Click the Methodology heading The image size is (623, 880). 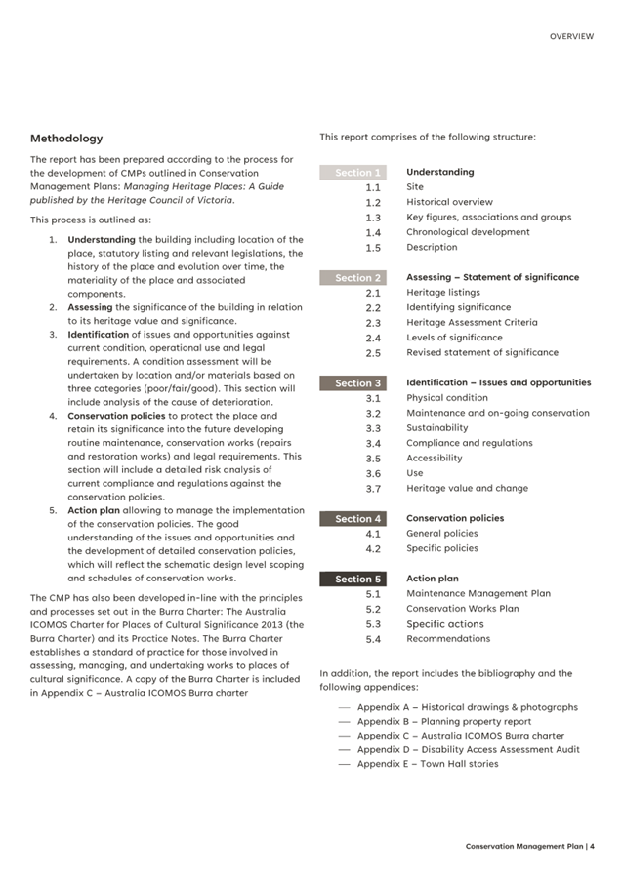click(x=65, y=139)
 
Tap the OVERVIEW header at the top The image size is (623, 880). click(x=570, y=36)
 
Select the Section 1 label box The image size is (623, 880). click(x=353, y=173)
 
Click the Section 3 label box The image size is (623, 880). click(x=353, y=383)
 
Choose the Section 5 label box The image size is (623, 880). click(x=353, y=579)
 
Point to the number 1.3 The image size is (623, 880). click(x=373, y=218)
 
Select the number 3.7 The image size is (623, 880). click(x=373, y=489)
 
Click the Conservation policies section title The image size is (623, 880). click(x=455, y=519)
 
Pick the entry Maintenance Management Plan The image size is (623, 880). click(x=478, y=593)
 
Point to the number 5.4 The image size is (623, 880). click(x=373, y=639)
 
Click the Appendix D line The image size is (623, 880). click(x=468, y=750)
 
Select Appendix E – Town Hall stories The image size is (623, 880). click(x=427, y=764)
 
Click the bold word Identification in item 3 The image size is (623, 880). click(x=98, y=335)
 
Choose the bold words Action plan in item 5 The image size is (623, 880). click(x=96, y=510)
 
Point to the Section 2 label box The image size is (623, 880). click(x=353, y=278)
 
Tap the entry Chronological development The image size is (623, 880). click(x=468, y=232)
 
